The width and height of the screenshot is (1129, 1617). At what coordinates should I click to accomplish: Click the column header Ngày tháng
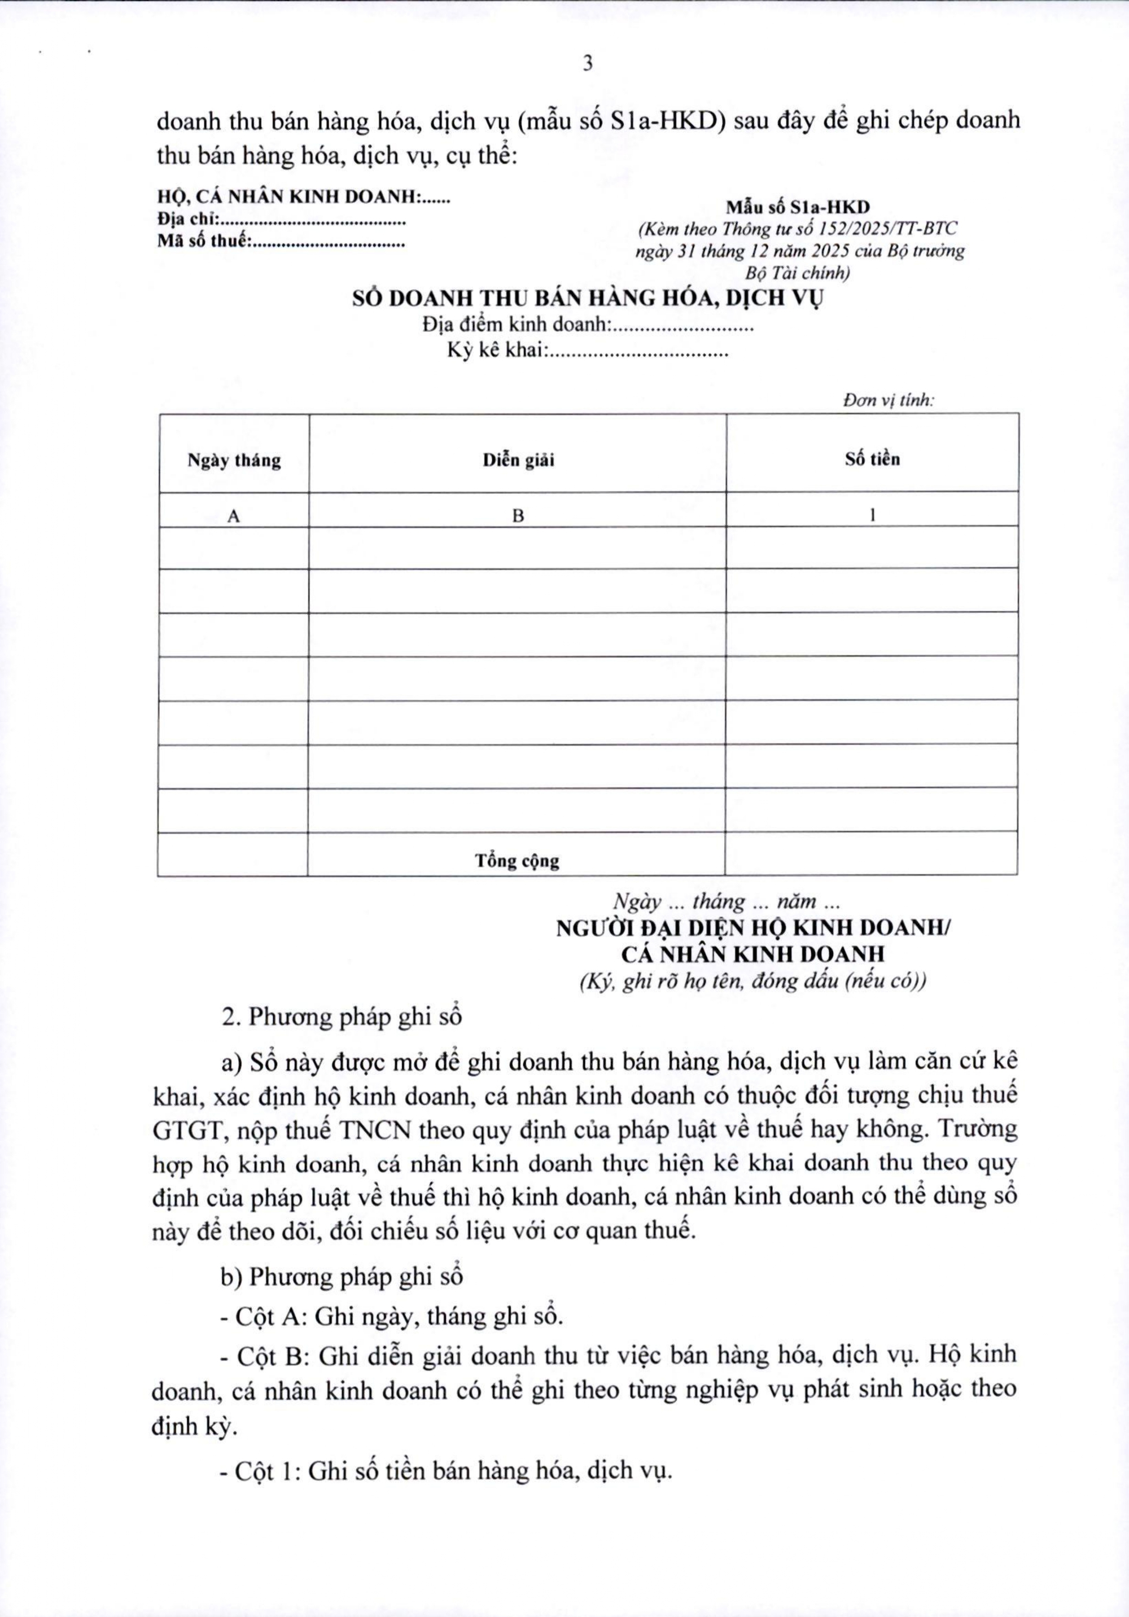[x=234, y=461]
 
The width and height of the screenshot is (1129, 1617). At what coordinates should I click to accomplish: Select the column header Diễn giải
[x=518, y=460]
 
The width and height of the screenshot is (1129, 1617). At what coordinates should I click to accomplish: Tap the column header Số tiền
[x=872, y=459]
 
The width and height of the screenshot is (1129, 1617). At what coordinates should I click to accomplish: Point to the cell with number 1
[x=872, y=515]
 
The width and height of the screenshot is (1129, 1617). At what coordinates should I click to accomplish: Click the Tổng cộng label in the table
[x=517, y=861]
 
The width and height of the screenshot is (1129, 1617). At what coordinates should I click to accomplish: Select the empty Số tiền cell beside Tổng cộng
[x=870, y=855]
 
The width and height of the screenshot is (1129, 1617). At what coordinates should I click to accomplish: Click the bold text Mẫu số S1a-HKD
[x=798, y=207]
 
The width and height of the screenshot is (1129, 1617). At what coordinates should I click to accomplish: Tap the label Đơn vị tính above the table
[x=888, y=401]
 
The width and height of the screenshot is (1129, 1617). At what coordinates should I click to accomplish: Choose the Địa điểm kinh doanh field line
[x=588, y=325]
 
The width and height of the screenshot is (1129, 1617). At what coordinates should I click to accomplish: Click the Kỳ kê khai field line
[x=588, y=350]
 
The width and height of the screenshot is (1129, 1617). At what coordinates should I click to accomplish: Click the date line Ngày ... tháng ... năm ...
[x=725, y=901]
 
